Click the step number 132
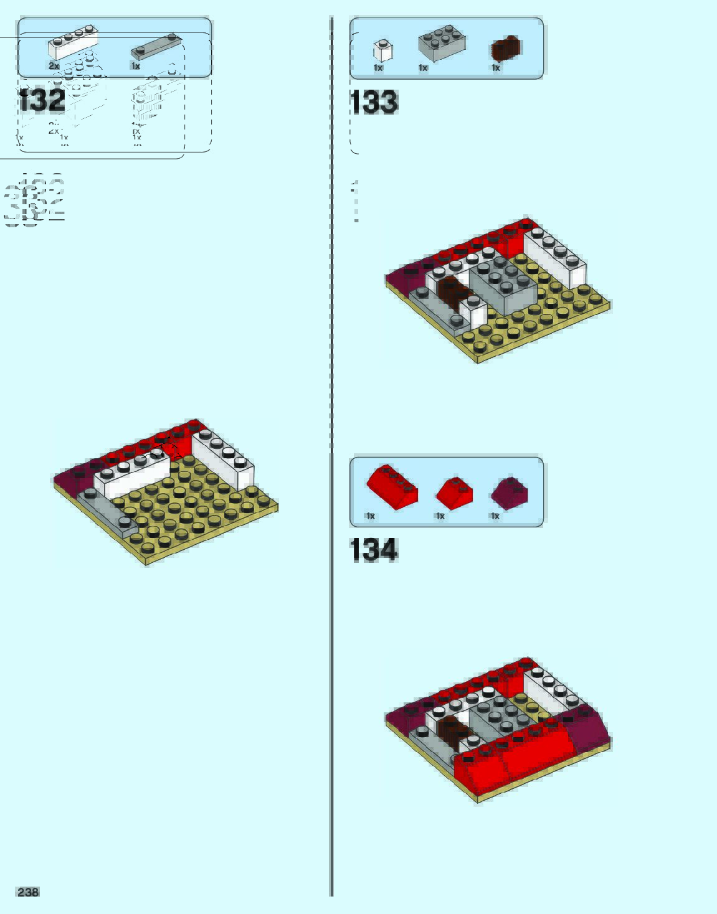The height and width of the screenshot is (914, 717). pos(42,101)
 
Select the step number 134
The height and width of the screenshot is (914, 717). pos(374,550)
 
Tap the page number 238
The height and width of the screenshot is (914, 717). pos(28,892)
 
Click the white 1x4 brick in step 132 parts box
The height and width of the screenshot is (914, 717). pos(73,43)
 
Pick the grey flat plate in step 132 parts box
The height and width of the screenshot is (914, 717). pos(156,47)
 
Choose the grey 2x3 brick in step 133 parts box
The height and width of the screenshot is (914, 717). pos(442,44)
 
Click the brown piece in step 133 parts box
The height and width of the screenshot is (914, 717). pos(506,49)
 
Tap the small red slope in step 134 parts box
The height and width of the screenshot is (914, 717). pos(454,492)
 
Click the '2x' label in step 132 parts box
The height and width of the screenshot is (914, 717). pos(54,66)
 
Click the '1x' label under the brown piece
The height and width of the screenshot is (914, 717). pos(496,68)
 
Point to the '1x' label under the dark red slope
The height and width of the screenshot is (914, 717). pos(495,516)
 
